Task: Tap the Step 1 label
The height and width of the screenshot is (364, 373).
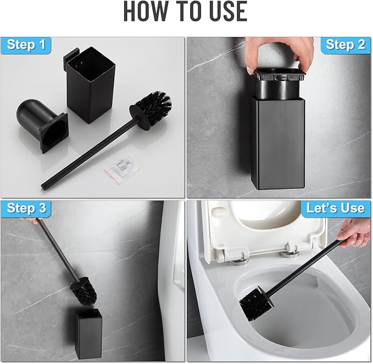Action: pos(26,45)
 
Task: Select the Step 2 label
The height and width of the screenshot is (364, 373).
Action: pos(346,45)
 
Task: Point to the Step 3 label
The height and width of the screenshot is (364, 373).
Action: pos(26,209)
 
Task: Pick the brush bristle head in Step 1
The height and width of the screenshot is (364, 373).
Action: pos(152,107)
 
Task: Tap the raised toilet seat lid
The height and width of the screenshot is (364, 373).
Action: pos(264,226)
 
